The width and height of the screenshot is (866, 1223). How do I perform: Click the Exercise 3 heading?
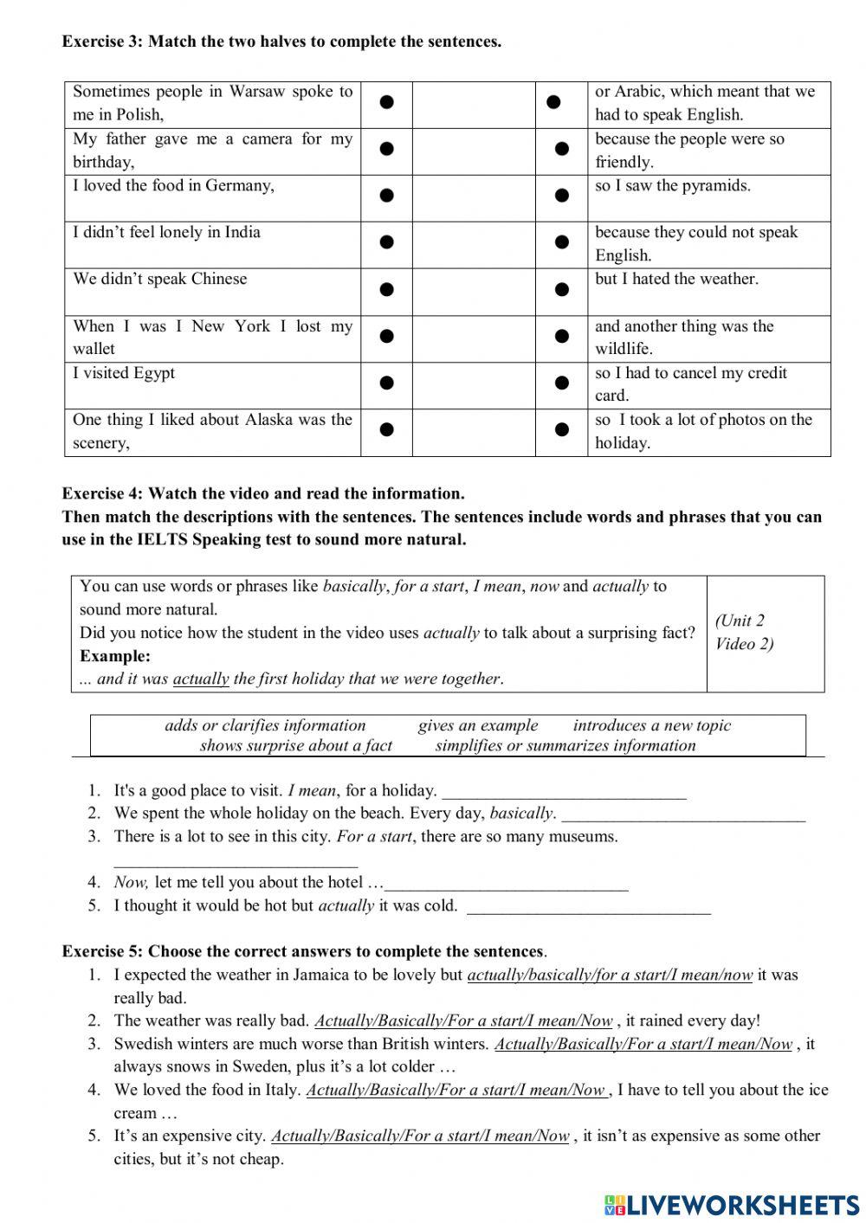click(281, 42)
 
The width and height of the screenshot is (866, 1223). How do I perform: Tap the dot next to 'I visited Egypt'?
click(387, 383)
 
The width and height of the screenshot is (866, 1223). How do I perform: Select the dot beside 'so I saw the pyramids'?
click(561, 196)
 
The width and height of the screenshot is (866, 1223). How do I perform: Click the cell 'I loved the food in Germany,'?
click(173, 186)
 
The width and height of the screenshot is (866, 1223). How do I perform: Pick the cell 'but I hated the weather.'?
click(676, 280)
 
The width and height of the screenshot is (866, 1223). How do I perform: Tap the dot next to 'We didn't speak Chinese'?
click(387, 289)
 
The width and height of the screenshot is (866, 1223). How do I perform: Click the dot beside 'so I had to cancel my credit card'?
click(561, 383)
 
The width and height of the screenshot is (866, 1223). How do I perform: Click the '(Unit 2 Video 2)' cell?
click(745, 633)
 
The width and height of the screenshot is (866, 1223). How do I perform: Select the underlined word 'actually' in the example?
click(201, 679)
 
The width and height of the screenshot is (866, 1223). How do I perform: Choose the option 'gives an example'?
click(478, 726)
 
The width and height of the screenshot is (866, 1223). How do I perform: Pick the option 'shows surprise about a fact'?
click(295, 746)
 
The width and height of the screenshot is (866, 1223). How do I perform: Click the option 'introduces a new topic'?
click(651, 726)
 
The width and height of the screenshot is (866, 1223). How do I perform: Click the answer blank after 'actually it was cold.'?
click(589, 908)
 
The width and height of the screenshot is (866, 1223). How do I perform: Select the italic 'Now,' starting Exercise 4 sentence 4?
click(131, 883)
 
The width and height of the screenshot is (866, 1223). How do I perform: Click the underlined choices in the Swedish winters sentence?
click(643, 1045)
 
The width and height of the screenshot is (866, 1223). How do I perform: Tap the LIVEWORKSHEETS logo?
click(732, 1204)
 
